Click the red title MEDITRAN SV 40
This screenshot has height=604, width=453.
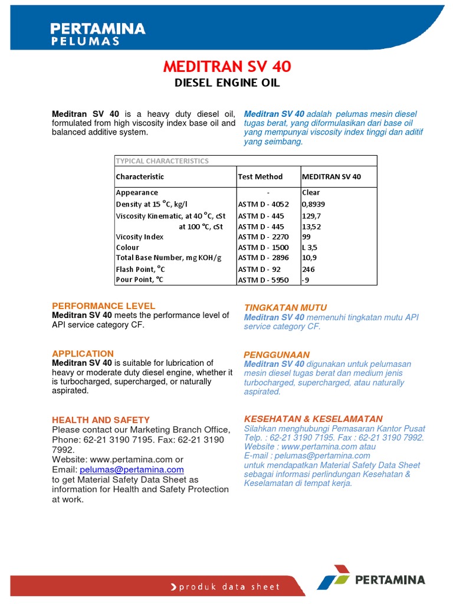[227, 67]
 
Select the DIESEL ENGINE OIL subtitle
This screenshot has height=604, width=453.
[227, 83]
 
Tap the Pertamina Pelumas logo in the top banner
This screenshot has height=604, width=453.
[98, 34]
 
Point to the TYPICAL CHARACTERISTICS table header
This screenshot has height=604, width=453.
[162, 161]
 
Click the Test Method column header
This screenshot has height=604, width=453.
[260, 176]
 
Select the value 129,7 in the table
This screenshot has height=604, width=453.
[311, 216]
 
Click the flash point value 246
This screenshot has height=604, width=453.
[308, 270]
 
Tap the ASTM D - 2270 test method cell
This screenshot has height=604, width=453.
[263, 237]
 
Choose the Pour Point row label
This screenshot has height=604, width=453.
[139, 280]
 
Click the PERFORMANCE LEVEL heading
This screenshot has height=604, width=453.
[104, 306]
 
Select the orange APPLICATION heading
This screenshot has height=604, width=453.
[83, 353]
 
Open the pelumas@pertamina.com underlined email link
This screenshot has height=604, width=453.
[132, 470]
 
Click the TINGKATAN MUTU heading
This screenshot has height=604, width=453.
[285, 308]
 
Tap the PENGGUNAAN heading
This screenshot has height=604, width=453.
[277, 354]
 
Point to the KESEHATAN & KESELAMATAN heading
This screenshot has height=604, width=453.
[313, 418]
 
